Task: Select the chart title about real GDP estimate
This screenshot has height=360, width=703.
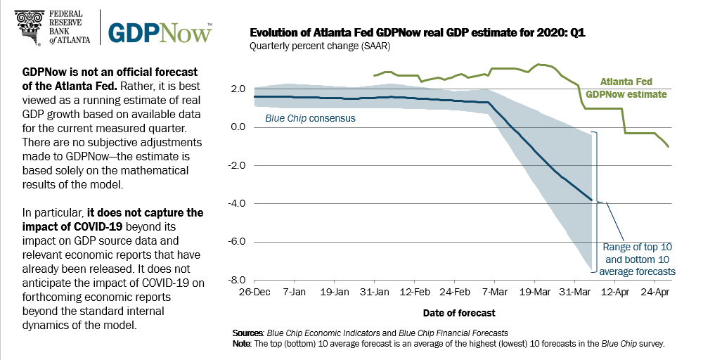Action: [418, 33]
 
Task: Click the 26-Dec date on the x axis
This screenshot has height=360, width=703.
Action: [254, 291]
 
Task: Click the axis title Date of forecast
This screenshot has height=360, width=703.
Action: [459, 312]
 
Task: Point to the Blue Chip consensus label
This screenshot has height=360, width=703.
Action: [310, 118]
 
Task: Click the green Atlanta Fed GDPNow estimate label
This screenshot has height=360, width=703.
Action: [626, 87]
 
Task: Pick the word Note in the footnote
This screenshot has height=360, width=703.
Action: [240, 344]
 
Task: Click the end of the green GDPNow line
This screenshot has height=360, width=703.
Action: [668, 146]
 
